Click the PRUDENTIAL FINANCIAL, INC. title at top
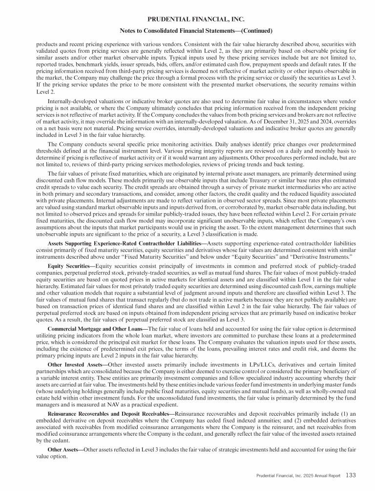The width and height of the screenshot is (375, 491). point(187,20)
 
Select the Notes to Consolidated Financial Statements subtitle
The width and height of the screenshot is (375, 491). point(187,31)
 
